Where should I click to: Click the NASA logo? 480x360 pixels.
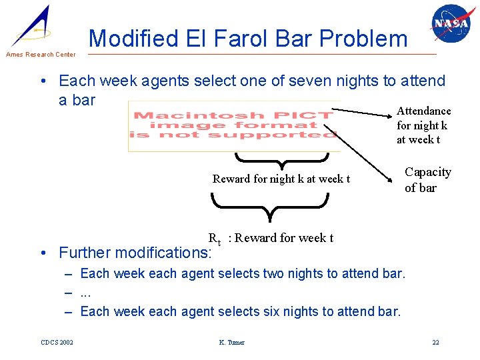pos(450,24)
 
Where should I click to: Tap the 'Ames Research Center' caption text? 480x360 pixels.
pos(40,55)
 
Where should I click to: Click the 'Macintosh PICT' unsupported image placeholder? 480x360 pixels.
pos(234,126)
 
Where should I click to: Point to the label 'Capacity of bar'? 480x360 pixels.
pos(427,180)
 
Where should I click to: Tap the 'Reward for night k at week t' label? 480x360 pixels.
pos(281,179)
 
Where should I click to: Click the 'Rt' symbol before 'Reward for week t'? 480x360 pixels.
pos(214,239)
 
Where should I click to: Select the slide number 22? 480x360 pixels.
pos(435,343)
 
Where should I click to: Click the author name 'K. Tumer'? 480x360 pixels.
pos(231,343)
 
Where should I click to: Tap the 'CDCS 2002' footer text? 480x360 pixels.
pos(57,343)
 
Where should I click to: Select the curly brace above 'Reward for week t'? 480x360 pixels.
pos(270,206)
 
